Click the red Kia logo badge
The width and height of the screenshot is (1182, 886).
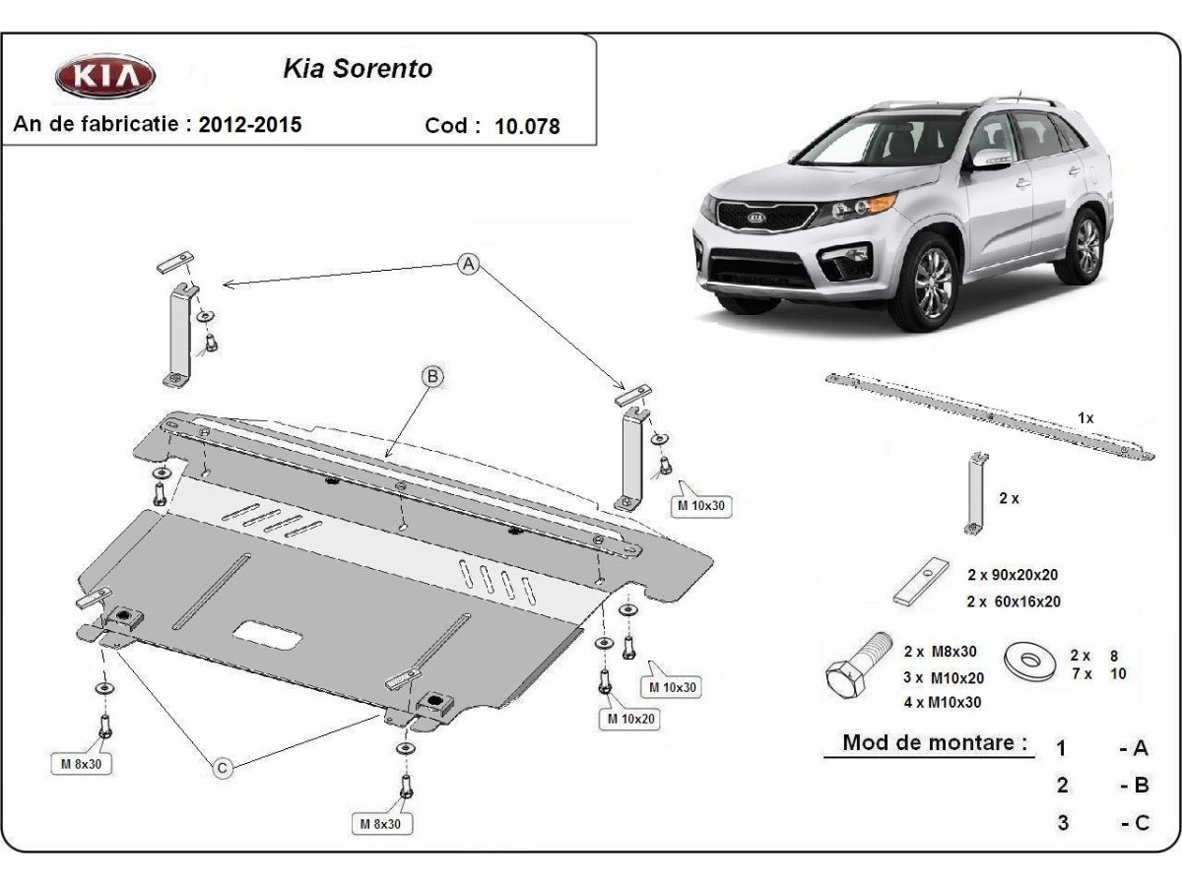105,76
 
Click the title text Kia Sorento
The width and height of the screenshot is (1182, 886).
359,69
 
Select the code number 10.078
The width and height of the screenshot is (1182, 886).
527,126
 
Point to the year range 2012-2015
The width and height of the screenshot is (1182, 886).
250,125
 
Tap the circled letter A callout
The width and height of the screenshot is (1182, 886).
468,264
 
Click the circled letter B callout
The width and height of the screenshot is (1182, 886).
433,377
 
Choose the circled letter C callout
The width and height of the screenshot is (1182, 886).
223,768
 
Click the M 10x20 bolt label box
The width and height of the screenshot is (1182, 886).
629,719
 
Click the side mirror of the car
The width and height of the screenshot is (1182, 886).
991,158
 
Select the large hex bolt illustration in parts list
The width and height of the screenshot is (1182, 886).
858,666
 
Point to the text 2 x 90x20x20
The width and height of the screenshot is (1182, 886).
1013,575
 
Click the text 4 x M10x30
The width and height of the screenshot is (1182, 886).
943,702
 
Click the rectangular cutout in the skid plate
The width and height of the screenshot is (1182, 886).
268,635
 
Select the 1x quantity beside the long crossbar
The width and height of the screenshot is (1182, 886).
1085,418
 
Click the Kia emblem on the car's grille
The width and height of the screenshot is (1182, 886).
755,218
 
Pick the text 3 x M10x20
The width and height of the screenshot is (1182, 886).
944,678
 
